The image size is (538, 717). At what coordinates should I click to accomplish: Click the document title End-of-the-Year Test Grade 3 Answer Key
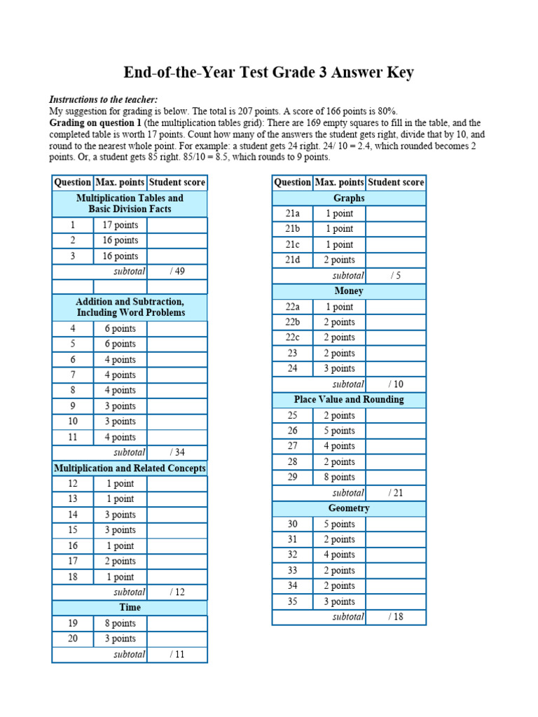(269, 73)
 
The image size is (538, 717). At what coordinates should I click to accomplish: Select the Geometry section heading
(349, 508)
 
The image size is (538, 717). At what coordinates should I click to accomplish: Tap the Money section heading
(349, 291)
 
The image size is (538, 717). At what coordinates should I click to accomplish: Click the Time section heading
(130, 607)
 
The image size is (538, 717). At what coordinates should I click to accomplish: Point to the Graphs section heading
(349, 198)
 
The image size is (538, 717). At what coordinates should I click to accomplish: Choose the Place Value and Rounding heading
(349, 399)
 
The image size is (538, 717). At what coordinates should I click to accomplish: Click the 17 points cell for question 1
(120, 225)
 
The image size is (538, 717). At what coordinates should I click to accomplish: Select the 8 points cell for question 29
(340, 477)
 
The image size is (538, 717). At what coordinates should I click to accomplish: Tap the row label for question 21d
(293, 260)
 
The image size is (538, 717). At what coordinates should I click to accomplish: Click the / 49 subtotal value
(177, 271)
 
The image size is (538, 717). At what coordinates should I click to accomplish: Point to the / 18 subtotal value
(396, 617)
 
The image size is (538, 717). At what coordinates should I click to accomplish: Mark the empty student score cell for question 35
(396, 601)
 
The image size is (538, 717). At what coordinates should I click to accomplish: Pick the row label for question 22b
(293, 322)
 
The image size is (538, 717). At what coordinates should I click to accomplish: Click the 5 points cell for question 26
(340, 431)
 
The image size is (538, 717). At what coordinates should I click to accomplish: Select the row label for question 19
(73, 623)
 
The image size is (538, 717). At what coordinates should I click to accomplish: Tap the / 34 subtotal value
(177, 452)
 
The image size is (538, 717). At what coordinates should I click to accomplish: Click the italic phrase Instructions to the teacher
(104, 100)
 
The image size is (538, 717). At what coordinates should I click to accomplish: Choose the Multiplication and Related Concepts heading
(130, 468)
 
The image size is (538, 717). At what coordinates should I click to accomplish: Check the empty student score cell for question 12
(177, 483)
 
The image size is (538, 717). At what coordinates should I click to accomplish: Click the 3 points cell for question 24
(340, 368)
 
